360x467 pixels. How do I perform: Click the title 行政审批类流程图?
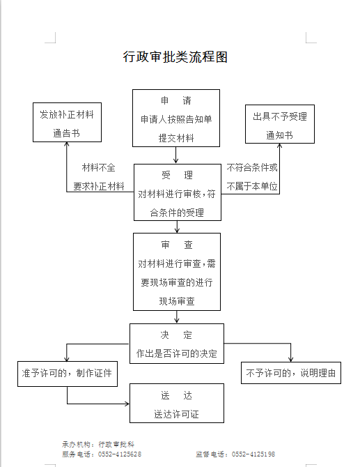tap(175, 56)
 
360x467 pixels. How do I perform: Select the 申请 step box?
tap(176, 118)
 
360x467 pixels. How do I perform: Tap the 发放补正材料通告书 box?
tap(68, 122)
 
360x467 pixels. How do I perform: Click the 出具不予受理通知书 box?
tap(280, 124)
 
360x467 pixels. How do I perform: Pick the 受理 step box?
tap(178, 192)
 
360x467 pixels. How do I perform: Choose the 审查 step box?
tap(177, 272)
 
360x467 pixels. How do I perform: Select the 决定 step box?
tap(177, 344)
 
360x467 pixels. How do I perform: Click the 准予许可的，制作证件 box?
tap(68, 374)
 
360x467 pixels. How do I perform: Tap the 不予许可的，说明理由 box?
tap(291, 373)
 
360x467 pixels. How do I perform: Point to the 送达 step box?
tap(177, 403)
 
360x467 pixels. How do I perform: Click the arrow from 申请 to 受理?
tap(176, 155)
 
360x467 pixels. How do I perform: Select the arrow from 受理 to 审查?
tap(177, 227)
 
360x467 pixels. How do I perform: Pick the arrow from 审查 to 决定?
tap(177, 317)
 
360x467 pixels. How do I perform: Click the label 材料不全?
tap(98, 168)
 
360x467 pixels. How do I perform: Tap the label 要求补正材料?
tap(98, 186)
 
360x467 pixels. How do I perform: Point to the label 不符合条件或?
tap(252, 168)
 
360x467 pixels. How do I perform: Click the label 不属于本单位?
tap(252, 186)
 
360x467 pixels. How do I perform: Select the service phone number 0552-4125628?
tap(120, 454)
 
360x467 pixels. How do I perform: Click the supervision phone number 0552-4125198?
tap(253, 454)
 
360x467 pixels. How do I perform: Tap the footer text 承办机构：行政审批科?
tap(98, 445)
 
